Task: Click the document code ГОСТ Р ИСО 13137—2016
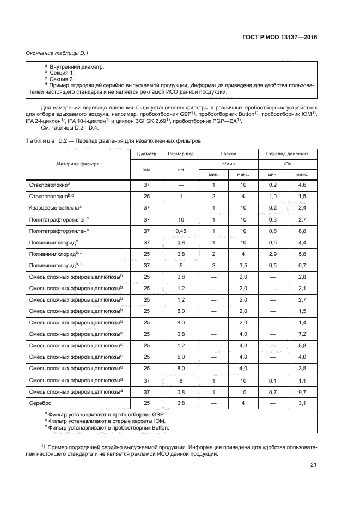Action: click(x=278, y=38)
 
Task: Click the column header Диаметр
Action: click(x=147, y=154)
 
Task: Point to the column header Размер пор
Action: click(x=181, y=154)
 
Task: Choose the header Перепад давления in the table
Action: click(x=288, y=154)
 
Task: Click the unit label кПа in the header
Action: click(x=288, y=164)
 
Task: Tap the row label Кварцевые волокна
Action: click(x=54, y=208)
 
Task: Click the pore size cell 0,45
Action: click(x=181, y=231)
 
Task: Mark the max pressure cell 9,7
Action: click(x=302, y=391)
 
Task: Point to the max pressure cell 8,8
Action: click(x=302, y=231)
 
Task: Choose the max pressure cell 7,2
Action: click(x=302, y=334)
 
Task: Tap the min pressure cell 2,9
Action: click(x=273, y=254)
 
